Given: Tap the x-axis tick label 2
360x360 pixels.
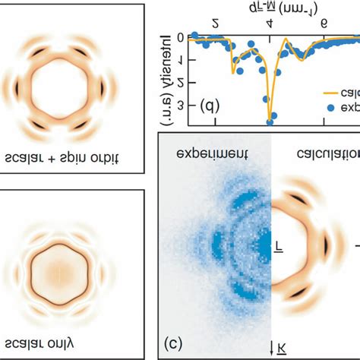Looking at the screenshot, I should (x=216, y=23).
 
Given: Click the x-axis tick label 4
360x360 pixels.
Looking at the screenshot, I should (x=271, y=23).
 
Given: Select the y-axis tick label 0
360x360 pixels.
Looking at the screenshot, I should (x=179, y=38).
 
